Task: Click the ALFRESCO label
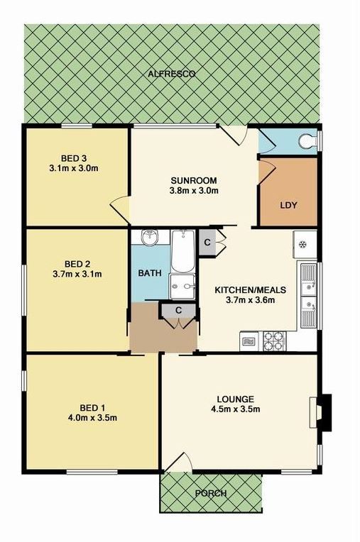(172, 74)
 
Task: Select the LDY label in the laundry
(288, 205)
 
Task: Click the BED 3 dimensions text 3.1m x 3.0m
(74, 168)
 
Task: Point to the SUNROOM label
(194, 180)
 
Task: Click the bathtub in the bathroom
(183, 251)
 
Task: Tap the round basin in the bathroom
(150, 238)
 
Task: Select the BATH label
(150, 273)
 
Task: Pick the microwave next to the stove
(249, 341)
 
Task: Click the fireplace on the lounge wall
(320, 413)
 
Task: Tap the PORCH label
(211, 493)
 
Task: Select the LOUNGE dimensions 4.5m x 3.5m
(235, 409)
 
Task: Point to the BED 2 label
(77, 265)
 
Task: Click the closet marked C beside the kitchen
(207, 243)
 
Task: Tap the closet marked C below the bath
(178, 310)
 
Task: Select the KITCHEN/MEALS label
(251, 289)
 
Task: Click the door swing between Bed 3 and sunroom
(120, 209)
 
